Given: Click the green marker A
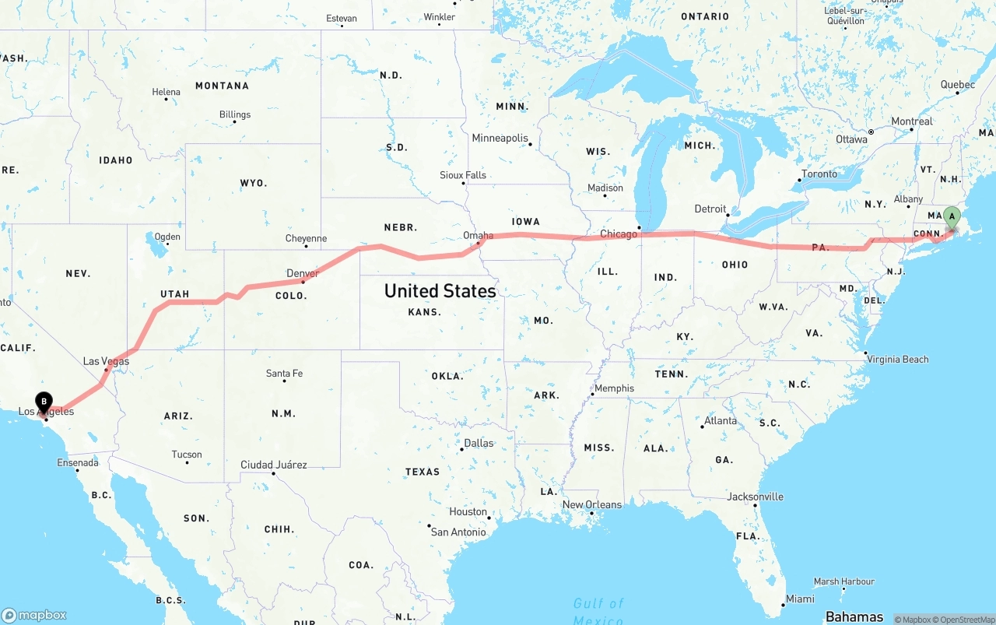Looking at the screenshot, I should [x=952, y=218].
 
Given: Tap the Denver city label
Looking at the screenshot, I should [x=302, y=273].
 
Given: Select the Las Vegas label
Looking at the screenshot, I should [x=106, y=361].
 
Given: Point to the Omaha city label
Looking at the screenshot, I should [x=478, y=235].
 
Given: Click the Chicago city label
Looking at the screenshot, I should [x=619, y=233].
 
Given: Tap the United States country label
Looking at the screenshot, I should [x=440, y=291].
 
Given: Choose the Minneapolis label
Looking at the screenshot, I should [x=500, y=138].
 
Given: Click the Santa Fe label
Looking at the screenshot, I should [x=284, y=374].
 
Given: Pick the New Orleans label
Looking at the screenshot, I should [x=591, y=504].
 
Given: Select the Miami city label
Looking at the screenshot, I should [x=799, y=599].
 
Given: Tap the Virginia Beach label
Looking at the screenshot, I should [x=898, y=359].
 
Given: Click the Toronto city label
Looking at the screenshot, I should [x=819, y=174].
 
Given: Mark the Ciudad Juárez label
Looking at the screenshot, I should [x=273, y=465].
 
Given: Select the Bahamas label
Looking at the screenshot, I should [x=854, y=617].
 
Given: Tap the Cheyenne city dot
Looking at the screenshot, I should [x=306, y=247].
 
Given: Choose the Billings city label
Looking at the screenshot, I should [x=234, y=114].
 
